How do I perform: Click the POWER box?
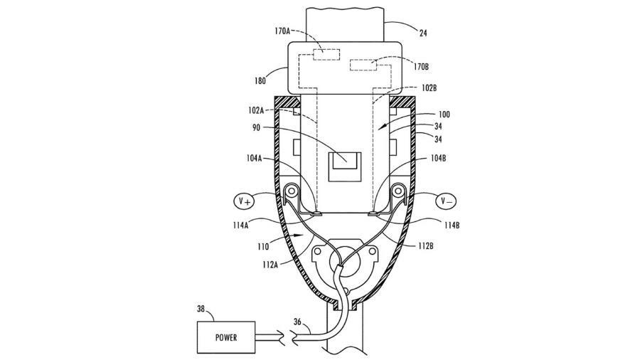point(226,337)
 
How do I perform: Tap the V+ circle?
point(244,201)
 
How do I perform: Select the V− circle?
point(446,201)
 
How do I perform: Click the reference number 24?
point(423,33)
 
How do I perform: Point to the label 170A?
point(282,31)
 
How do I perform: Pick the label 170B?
point(421,67)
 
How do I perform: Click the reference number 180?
point(260,81)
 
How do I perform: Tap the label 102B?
point(429,88)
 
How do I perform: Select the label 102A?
point(256,110)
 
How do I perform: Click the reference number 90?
point(256,128)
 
